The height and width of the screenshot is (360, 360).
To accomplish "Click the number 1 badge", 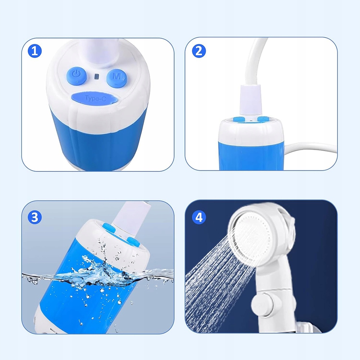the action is point(35,51).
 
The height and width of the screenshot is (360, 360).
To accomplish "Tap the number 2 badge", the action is point(199,51).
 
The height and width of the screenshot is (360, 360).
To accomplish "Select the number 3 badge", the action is point(35,217).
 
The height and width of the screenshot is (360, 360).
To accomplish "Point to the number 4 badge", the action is point(199,217).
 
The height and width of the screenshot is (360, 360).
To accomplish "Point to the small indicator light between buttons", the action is point(96,76).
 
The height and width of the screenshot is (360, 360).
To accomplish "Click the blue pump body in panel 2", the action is point(251,156).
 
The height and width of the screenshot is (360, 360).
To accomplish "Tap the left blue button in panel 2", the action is point(239,120).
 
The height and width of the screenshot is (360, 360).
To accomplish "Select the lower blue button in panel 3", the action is point(133,242).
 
